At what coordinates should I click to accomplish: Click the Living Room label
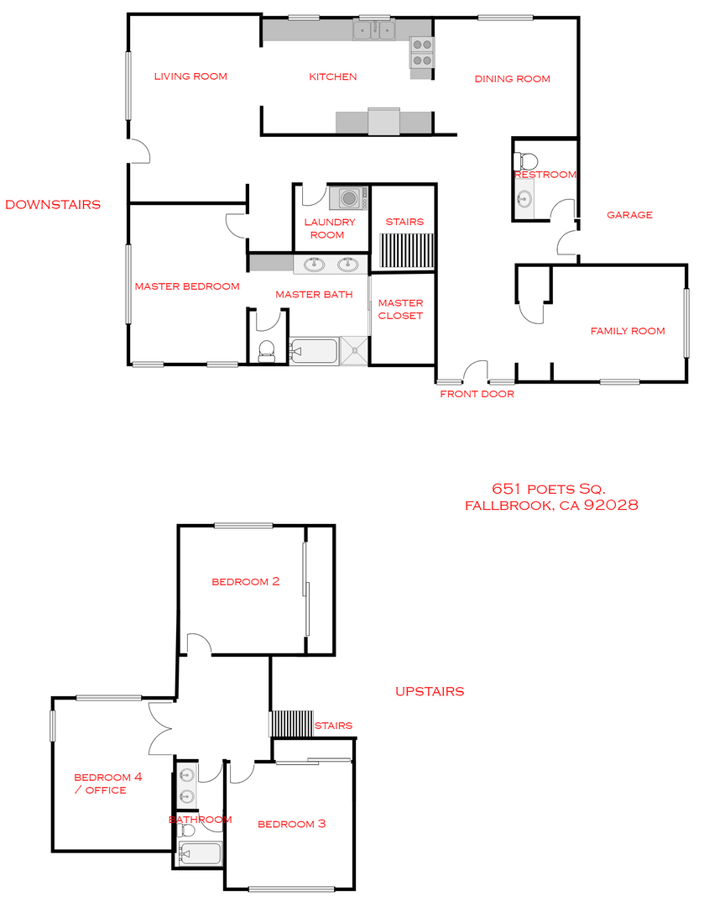190,76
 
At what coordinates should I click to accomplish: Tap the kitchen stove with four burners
421,53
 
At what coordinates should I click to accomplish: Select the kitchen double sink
373,32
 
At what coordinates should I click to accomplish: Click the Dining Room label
512,79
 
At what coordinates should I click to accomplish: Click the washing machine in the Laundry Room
348,198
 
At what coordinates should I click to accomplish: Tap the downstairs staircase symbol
404,249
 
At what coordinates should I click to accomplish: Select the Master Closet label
400,309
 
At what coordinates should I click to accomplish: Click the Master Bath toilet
268,349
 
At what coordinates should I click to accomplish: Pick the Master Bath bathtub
314,351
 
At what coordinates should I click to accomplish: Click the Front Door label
477,394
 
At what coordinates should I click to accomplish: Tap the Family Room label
627,331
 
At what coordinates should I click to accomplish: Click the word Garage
629,215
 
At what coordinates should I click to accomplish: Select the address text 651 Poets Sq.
548,489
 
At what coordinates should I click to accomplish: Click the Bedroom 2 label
245,581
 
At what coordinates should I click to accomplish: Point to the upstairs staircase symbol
289,724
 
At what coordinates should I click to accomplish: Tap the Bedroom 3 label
291,824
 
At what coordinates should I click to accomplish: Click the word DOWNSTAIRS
53,204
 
